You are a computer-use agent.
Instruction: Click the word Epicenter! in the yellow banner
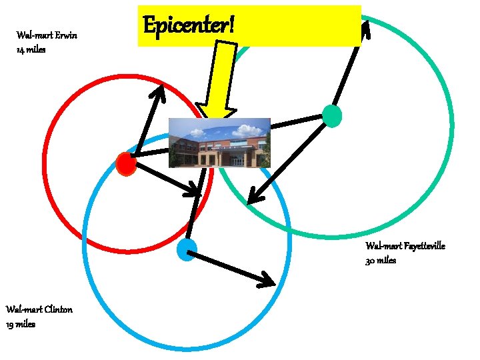click(189, 25)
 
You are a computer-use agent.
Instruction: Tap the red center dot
click(126, 163)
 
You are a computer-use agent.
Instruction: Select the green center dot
click(332, 116)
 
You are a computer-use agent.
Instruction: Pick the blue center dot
click(187, 250)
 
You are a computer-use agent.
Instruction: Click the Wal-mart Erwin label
click(47, 35)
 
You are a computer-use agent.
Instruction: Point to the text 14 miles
click(31, 49)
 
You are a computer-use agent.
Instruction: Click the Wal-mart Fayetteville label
click(405, 246)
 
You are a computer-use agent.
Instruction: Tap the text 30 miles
click(381, 261)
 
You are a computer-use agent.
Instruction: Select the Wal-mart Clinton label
click(39, 309)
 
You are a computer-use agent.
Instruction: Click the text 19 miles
click(21, 324)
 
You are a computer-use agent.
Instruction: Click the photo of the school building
click(219, 143)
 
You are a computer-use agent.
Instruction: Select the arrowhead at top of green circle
click(365, 29)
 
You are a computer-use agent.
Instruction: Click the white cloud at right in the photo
click(247, 131)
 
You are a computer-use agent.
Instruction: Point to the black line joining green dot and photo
click(297, 122)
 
